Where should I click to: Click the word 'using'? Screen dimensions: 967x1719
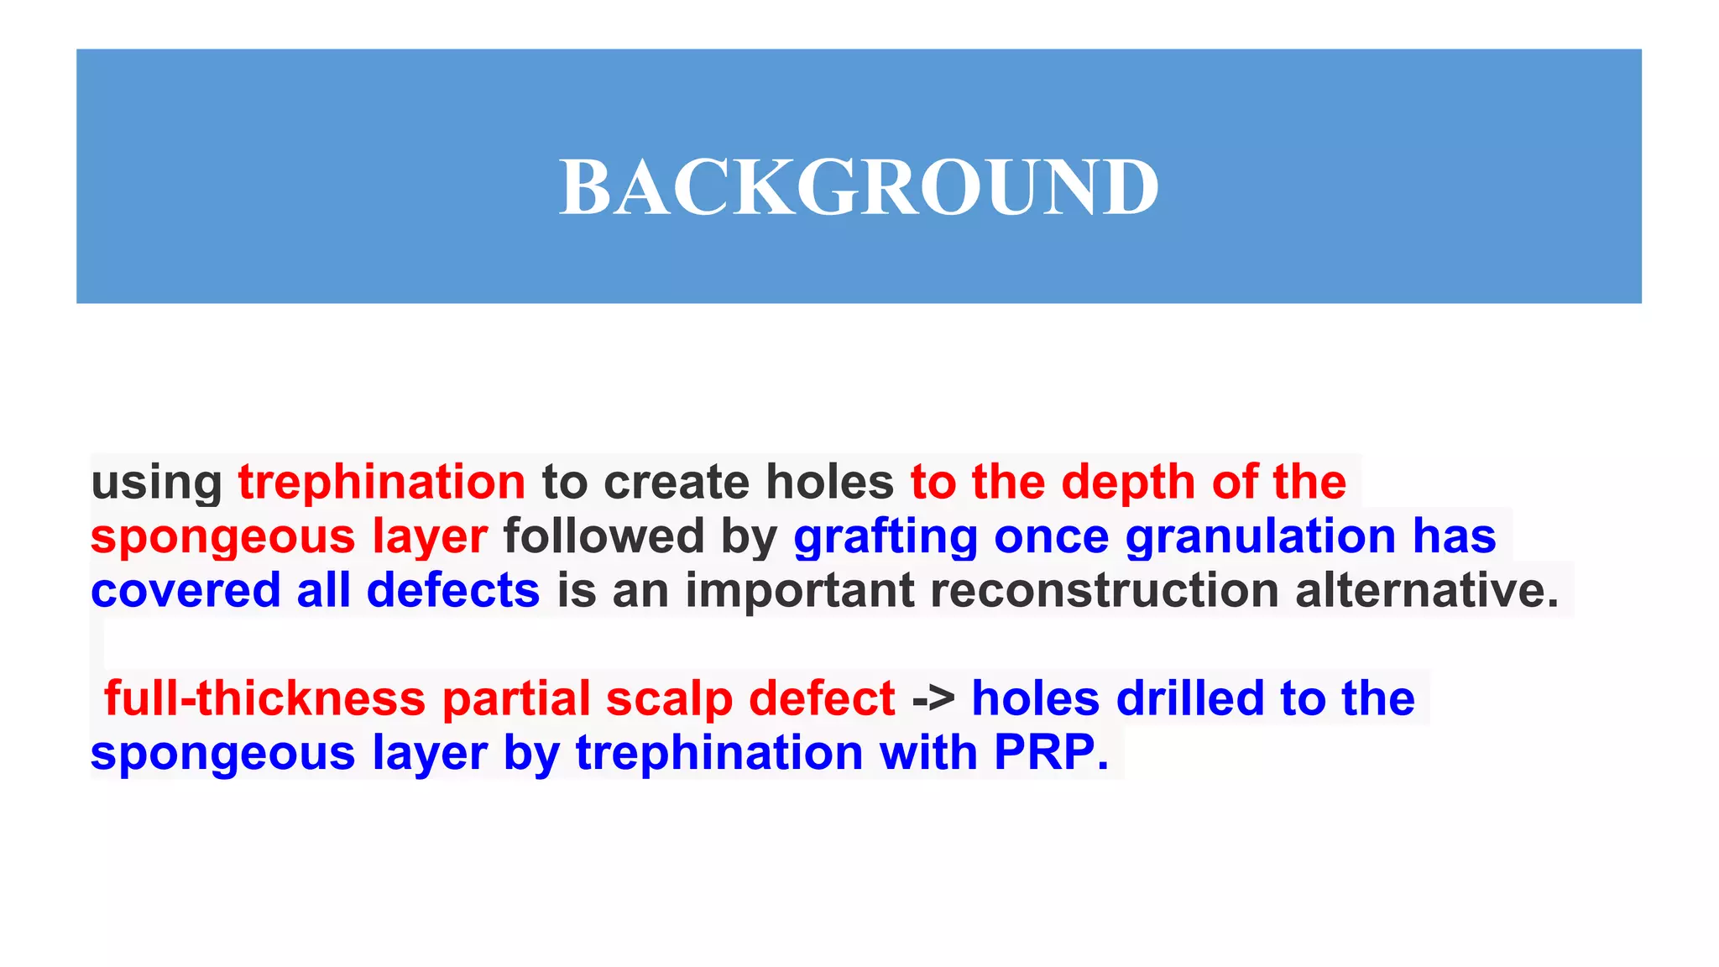pyautogui.click(x=156, y=483)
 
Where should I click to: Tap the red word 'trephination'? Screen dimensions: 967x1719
pyautogui.click(x=382, y=483)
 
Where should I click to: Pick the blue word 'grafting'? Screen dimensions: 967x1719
pyautogui.click(x=886, y=537)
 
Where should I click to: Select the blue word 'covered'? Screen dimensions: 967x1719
pyautogui.click(x=185, y=591)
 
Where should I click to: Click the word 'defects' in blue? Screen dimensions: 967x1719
pyautogui.click(x=453, y=591)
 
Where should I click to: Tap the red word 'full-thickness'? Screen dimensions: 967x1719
pyautogui.click(x=264, y=699)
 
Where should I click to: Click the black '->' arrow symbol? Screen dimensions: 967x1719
pyautogui.click(x=933, y=699)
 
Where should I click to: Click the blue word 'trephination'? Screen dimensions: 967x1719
pyautogui.click(x=719, y=753)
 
